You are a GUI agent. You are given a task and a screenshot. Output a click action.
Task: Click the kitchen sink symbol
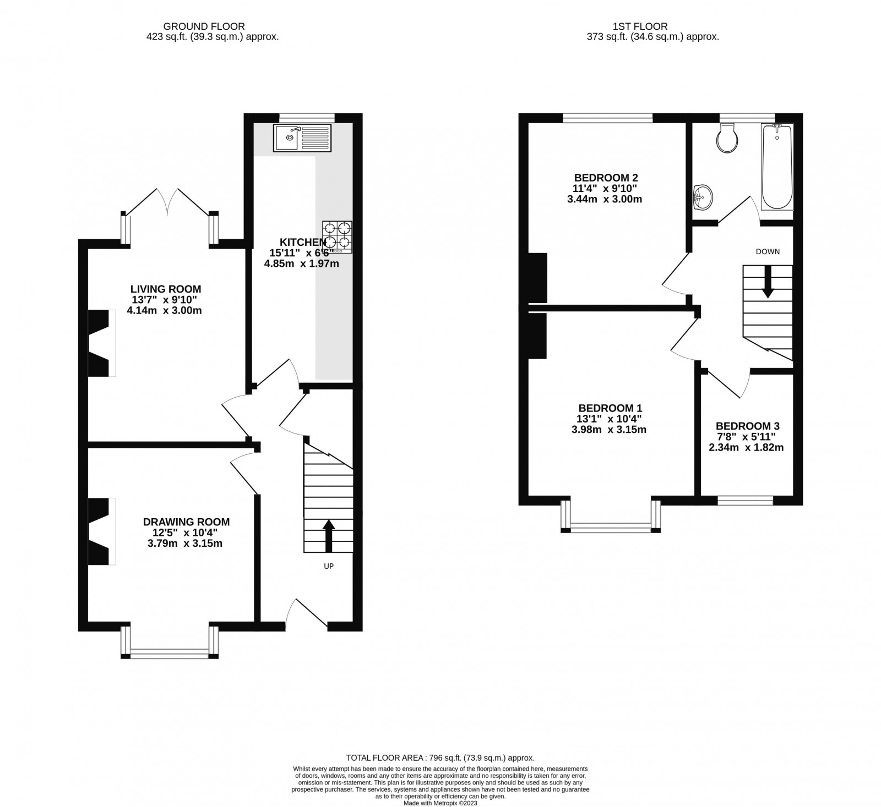302,138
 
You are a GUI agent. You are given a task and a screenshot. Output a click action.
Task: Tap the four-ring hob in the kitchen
337,237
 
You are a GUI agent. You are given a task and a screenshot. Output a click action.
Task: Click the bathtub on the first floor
776,167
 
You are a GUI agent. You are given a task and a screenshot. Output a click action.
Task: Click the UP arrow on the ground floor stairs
329,535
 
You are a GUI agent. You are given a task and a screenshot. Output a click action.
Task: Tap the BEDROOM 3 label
747,426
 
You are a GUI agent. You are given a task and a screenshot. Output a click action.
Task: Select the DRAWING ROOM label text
186,522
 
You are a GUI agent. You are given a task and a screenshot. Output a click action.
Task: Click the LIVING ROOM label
166,289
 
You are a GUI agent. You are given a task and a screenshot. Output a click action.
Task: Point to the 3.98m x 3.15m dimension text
609,430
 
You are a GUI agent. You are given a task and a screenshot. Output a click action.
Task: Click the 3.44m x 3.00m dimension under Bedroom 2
605,199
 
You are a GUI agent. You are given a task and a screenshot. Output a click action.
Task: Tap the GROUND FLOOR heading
204,26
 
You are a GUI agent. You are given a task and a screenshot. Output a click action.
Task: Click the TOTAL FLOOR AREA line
440,758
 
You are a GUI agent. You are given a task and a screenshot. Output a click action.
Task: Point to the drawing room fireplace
101,531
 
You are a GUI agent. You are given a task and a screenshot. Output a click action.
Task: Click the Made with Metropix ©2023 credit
440,803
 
